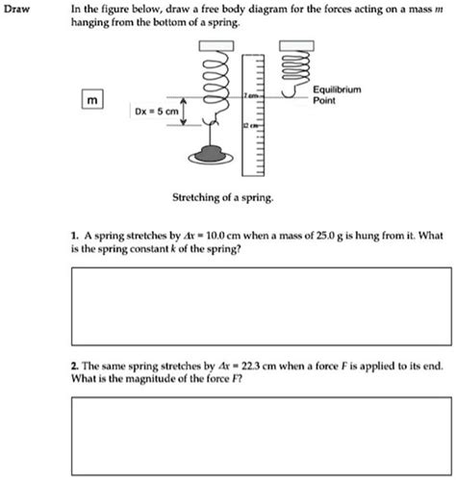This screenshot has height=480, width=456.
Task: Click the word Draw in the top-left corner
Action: pos(18,9)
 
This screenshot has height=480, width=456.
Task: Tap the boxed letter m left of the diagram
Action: pos(92,101)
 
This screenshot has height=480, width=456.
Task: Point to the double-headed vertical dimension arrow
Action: pos(185,113)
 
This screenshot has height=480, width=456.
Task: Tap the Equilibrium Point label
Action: pos(337,93)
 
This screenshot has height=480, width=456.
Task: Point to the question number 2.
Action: pos(73,367)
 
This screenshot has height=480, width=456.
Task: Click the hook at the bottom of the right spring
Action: pos(287,94)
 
